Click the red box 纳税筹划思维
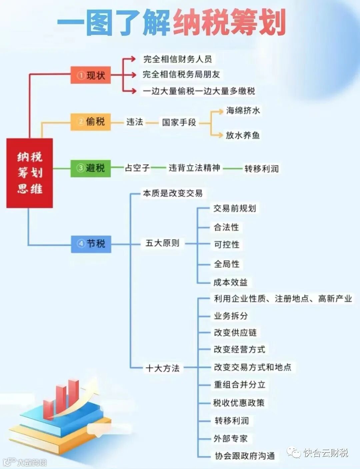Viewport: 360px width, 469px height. tap(30, 173)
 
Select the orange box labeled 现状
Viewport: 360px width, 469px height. tap(91, 75)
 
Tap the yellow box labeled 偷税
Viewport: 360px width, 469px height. tap(91, 122)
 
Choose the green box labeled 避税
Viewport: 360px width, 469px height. tap(91, 168)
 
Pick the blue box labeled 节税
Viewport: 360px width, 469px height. tap(91, 244)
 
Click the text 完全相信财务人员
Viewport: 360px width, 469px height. tap(177, 59)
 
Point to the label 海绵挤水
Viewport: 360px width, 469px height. tap(243, 111)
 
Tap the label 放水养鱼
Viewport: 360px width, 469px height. tap(243, 135)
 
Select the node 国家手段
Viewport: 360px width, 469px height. tap(179, 123)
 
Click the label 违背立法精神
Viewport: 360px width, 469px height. tap(194, 168)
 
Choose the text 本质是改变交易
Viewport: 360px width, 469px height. tap(173, 193)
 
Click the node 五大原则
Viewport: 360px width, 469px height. tap(162, 243)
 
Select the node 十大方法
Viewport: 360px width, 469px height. tap(162, 368)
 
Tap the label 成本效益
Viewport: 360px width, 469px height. tap(230, 282)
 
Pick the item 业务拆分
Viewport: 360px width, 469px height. tap(231, 316)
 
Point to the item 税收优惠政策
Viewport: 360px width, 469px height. tap(239, 403)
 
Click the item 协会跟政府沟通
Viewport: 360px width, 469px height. tap(245, 456)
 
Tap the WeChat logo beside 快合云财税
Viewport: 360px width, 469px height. tap(294, 453)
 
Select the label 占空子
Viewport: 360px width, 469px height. tap(137, 168)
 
